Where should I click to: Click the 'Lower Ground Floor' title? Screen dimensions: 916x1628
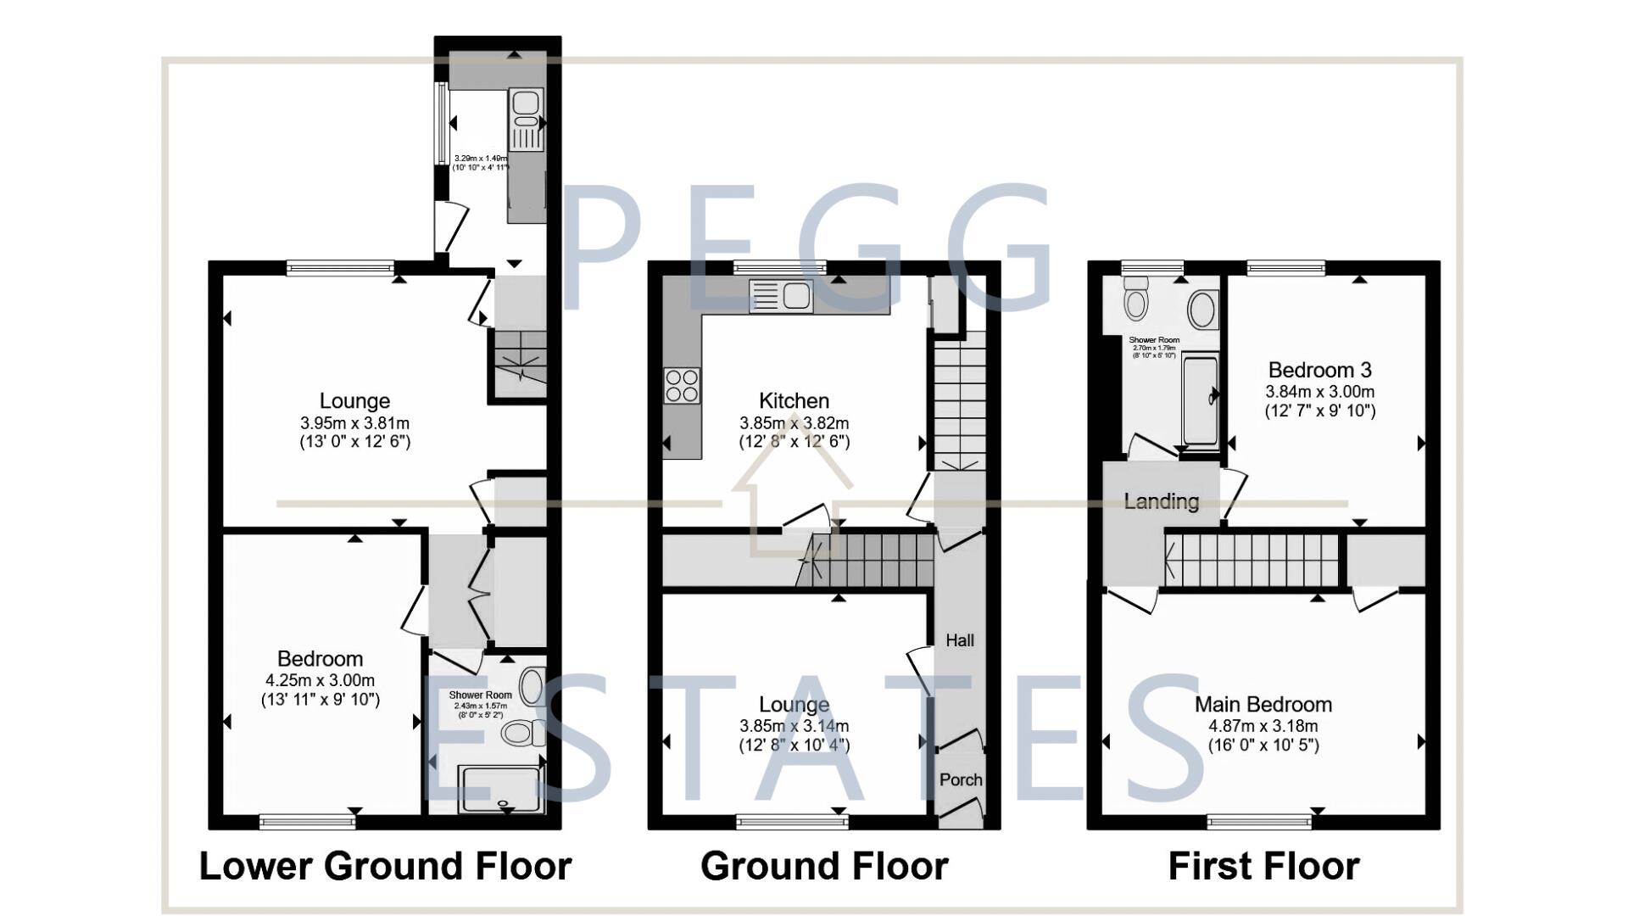pos(385,866)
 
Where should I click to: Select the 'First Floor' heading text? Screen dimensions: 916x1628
pos(1263,866)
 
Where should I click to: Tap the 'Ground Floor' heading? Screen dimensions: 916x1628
pos(824,866)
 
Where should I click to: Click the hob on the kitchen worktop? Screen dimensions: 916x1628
pos(682,386)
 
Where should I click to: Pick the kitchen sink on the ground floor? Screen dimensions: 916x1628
pos(781,296)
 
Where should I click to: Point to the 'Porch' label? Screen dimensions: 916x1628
pos(961,779)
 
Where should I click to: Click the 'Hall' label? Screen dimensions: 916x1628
pos(960,640)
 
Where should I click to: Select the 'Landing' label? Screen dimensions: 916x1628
pos(1161,501)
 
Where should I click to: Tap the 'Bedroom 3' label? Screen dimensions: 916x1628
pos(1319,370)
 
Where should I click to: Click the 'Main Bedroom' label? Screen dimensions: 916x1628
pos(1263,704)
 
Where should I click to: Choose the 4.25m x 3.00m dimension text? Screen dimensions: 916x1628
pos(320,680)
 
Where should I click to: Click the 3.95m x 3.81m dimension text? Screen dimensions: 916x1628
pos(354,422)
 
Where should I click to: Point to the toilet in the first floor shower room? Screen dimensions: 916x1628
pos(1135,297)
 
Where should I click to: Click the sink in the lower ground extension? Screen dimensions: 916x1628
pos(525,119)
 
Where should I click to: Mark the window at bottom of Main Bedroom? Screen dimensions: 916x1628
pos(1259,820)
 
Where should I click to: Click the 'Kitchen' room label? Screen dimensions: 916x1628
pos(794,400)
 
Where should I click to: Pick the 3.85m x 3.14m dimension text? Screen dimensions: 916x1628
pos(794,726)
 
